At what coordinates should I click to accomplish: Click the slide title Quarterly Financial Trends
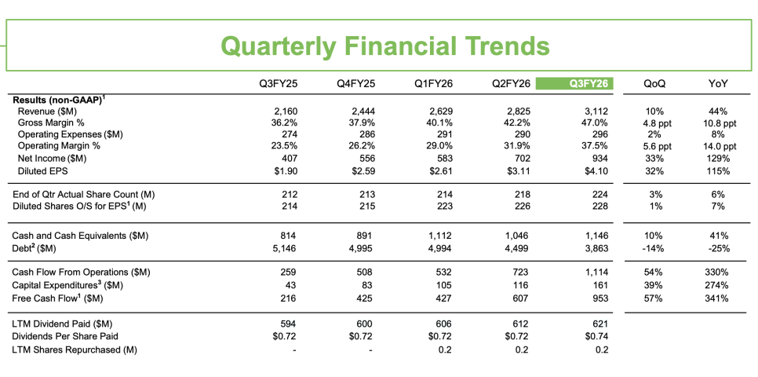click(x=385, y=46)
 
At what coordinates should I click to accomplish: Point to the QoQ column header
click(x=654, y=84)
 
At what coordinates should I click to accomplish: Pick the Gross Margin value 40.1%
click(x=438, y=123)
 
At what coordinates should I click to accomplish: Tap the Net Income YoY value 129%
click(x=718, y=158)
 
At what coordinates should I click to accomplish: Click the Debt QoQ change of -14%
click(x=652, y=248)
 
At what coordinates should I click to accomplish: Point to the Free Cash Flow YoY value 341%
click(x=718, y=298)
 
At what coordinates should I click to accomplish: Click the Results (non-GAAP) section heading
click(x=57, y=99)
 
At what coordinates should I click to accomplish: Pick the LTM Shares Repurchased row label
click(x=75, y=350)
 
